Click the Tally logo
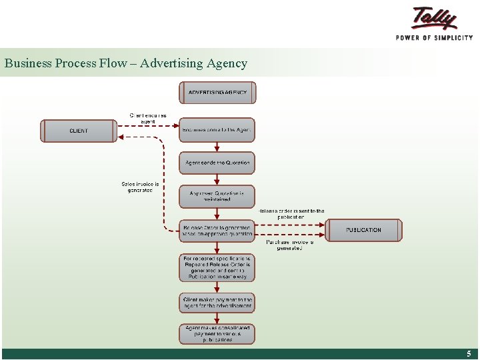coord(434,18)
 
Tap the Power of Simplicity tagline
coord(434,37)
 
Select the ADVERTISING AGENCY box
coord(217,93)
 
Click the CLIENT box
coord(79,131)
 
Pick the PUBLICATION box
coord(364,230)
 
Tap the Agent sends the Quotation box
coord(217,163)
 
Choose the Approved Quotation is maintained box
coord(217,196)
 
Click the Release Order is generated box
coord(217,231)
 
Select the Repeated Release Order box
coord(217,267)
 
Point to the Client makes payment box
coord(217,303)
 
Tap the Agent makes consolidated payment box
coord(217,333)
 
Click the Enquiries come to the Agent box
coord(217,130)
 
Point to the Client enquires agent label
coord(148,118)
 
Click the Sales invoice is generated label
coord(140,187)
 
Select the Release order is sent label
coord(291,214)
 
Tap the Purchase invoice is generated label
coord(289,245)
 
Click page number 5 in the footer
coord(469,354)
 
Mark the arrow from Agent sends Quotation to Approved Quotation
coord(217,179)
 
